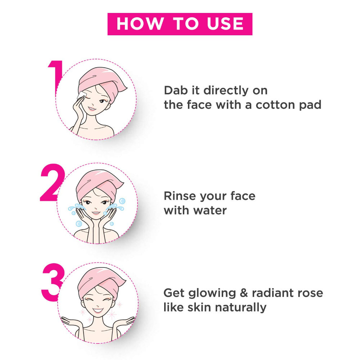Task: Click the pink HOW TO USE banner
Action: pyautogui.click(x=180, y=24)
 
